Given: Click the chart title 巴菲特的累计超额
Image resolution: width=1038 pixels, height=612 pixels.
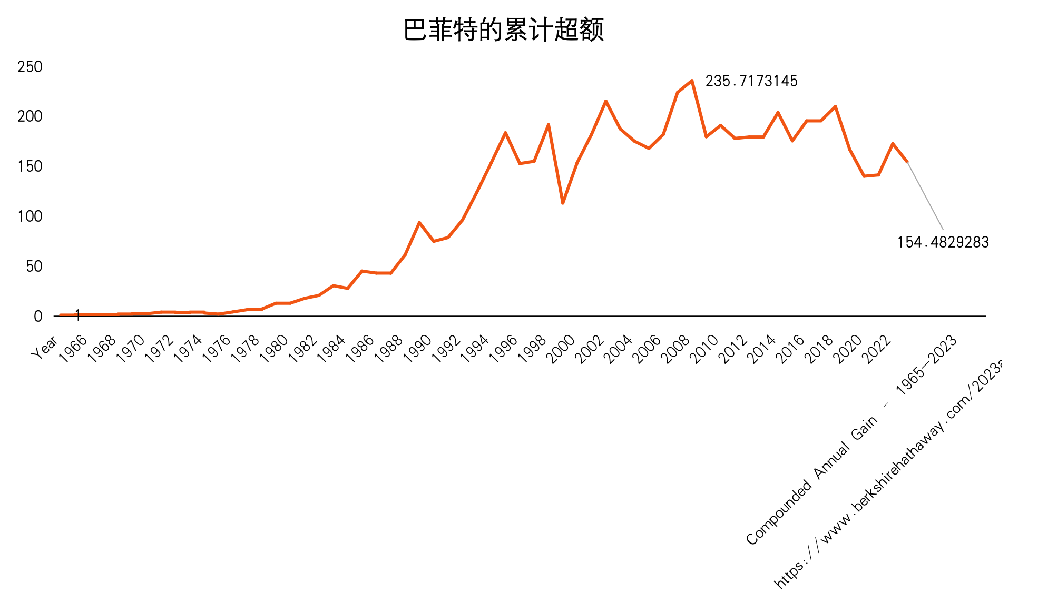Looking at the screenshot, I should click(503, 30).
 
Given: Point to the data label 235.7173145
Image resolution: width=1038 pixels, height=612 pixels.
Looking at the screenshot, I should click(751, 81).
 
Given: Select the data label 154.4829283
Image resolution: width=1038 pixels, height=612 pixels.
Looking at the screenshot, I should click(943, 242).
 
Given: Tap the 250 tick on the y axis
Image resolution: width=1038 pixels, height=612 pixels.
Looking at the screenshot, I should click(30, 67).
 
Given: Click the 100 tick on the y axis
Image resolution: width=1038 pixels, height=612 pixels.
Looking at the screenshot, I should click(30, 216).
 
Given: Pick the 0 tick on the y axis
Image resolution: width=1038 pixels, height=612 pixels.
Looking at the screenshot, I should click(38, 317).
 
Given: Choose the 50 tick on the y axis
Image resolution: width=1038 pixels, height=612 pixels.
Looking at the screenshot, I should click(34, 266).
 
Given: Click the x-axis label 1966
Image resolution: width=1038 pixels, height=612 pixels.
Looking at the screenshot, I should click(73, 348).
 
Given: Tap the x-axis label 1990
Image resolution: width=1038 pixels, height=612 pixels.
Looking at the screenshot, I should click(418, 348).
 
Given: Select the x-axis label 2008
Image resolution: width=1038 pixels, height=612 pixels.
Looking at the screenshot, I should click(676, 348).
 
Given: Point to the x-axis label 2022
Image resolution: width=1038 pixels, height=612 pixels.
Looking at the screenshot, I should click(877, 348).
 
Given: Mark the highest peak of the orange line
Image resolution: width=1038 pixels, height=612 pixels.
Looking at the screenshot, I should click(692, 81).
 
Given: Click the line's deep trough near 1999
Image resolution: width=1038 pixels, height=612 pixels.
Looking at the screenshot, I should click(563, 203).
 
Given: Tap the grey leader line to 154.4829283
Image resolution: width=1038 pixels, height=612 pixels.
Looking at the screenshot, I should click(925, 196).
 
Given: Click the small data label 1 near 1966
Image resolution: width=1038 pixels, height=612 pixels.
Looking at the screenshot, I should click(78, 315).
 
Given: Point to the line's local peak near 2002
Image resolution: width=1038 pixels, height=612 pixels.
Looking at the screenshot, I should click(606, 101).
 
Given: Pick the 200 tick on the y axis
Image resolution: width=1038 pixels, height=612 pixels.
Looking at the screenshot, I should click(30, 116).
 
